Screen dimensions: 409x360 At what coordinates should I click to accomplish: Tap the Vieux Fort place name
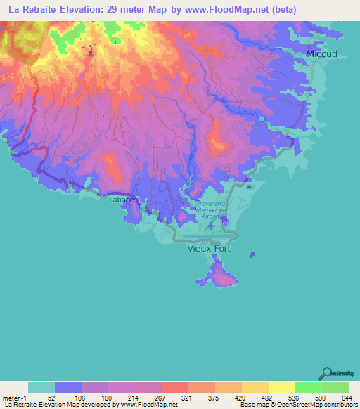click(208, 248)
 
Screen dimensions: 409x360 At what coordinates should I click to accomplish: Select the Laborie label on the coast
click(120, 200)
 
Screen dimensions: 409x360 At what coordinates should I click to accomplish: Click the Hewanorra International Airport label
click(210, 208)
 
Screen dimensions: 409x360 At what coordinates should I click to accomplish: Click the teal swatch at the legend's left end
click(41, 387)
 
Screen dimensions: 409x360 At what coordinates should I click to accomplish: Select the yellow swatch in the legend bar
click(281, 387)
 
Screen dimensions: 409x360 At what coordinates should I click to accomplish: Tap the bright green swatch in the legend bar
click(308, 387)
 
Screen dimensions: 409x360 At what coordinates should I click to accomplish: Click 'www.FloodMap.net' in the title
click(219, 9)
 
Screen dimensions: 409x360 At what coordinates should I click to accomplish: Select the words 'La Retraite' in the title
click(35, 9)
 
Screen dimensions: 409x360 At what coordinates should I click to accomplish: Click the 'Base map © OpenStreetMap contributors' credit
click(298, 405)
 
